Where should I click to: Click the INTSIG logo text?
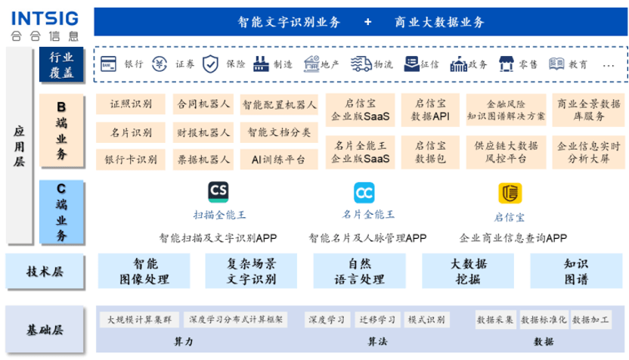pyautogui.click(x=45, y=18)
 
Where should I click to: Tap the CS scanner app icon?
pyautogui.click(x=218, y=192)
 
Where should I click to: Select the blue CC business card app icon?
pyautogui.click(x=364, y=193)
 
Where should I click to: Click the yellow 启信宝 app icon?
pyautogui.click(x=510, y=193)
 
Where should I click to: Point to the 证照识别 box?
pyautogui.click(x=131, y=104)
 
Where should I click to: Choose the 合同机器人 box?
pyautogui.click(x=203, y=104)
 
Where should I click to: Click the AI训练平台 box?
pyautogui.click(x=279, y=160)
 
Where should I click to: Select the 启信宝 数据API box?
pyautogui.click(x=430, y=110)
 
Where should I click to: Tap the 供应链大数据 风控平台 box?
pyautogui.click(x=507, y=152)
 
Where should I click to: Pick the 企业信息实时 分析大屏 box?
pyautogui.click(x=588, y=152)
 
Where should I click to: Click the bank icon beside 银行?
pyautogui.click(x=108, y=64)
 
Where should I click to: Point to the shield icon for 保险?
pyautogui.click(x=210, y=64)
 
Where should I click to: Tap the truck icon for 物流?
pyautogui.click(x=361, y=64)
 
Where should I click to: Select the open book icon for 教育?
pyautogui.click(x=556, y=64)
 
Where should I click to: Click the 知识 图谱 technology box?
pyautogui.click(x=576, y=271)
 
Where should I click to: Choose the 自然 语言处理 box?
pyautogui.click(x=359, y=271)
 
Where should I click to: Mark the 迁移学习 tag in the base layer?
pyautogui.click(x=377, y=320)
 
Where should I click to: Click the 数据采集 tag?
pyautogui.click(x=495, y=320)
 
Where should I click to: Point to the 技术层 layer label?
pyautogui.click(x=45, y=272)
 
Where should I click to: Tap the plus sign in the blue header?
pyautogui.click(x=367, y=22)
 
